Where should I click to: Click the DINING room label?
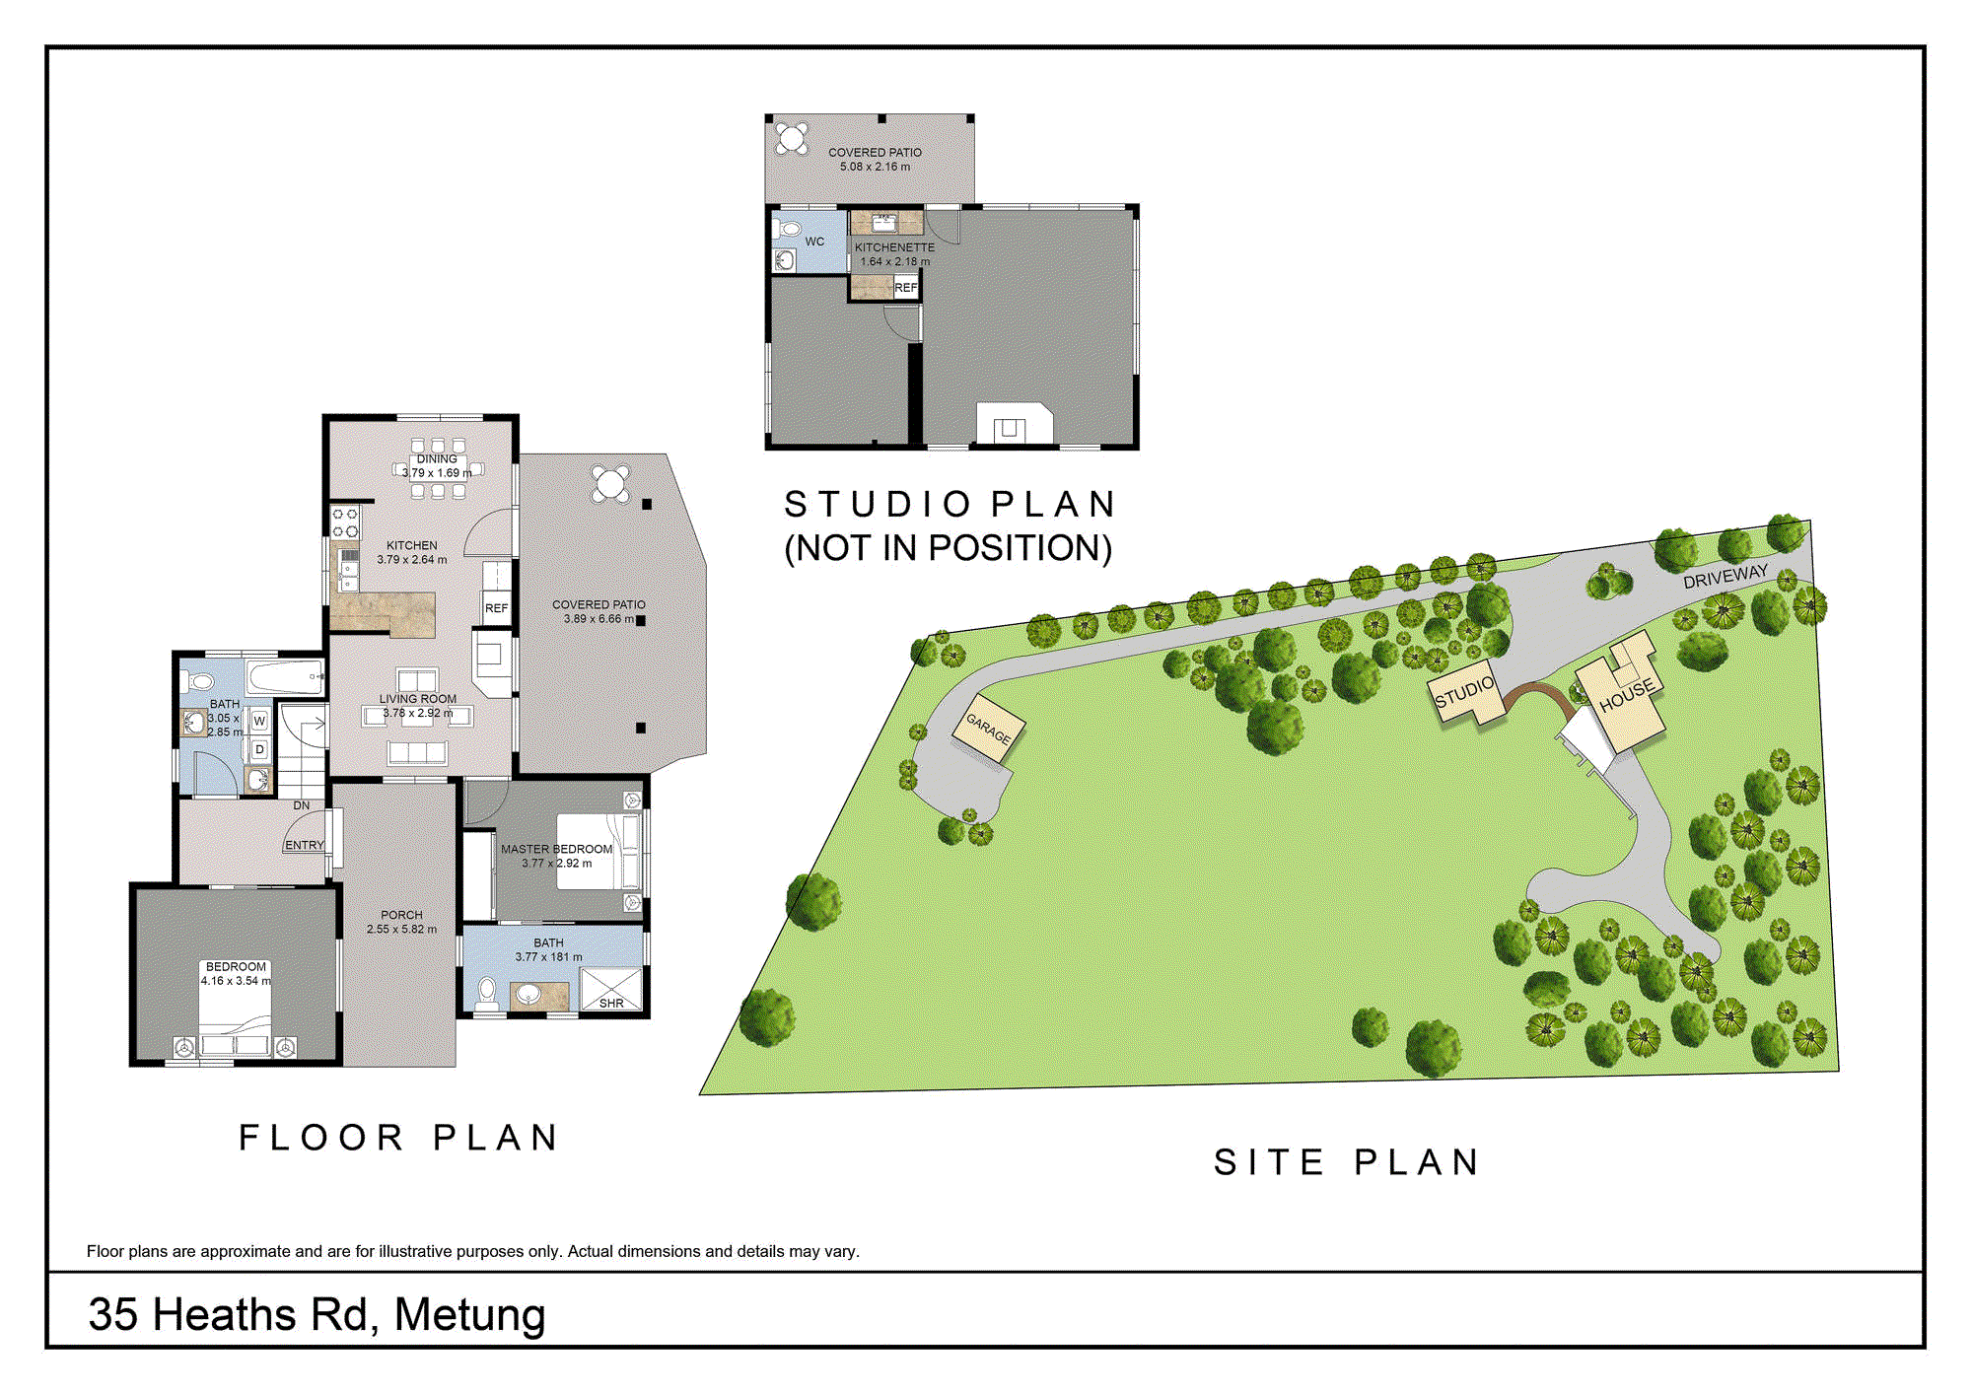437,459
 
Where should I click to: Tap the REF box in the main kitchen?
496,608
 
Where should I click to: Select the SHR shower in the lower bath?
611,989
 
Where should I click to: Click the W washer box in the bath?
259,721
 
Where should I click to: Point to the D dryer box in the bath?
259,750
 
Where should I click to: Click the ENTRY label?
304,845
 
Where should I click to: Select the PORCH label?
401,915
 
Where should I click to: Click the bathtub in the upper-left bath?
285,677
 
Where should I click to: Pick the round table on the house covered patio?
610,484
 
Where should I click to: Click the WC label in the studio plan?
814,242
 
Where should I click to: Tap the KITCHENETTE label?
894,247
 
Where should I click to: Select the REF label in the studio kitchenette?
906,288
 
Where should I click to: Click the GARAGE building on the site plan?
989,729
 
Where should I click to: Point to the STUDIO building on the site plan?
1464,692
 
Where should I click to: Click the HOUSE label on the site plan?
1626,696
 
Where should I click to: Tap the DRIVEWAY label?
1725,577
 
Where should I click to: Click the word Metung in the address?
469,1314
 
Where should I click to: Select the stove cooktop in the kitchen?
345,523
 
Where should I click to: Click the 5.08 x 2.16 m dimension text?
875,167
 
